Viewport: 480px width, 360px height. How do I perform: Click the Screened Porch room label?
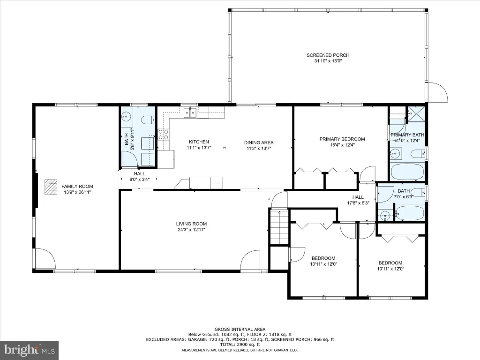(328, 55)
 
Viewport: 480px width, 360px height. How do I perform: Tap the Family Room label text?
(77, 186)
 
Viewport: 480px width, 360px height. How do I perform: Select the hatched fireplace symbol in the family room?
(51, 187)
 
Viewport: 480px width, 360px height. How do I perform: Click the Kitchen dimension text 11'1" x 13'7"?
(199, 148)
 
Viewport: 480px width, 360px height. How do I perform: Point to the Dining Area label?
(259, 142)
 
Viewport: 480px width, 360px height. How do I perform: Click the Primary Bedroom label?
(342, 139)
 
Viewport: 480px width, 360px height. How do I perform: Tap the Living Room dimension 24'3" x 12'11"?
(191, 230)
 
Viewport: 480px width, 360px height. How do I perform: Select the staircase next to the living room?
(279, 226)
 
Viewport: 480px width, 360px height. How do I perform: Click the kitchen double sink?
(190, 112)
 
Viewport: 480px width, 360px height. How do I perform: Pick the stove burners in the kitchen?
(163, 135)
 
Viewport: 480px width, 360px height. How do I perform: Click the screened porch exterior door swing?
(438, 92)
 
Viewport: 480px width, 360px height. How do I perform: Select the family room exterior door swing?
(45, 258)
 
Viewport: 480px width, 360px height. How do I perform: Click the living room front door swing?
(250, 261)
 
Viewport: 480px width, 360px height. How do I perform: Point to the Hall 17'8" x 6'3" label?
(358, 200)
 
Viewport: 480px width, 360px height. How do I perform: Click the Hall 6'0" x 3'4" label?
(139, 177)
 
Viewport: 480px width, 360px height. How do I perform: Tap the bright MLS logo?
(30, 350)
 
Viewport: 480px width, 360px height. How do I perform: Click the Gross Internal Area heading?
(240, 330)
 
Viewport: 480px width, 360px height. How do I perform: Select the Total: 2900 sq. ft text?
(240, 345)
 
